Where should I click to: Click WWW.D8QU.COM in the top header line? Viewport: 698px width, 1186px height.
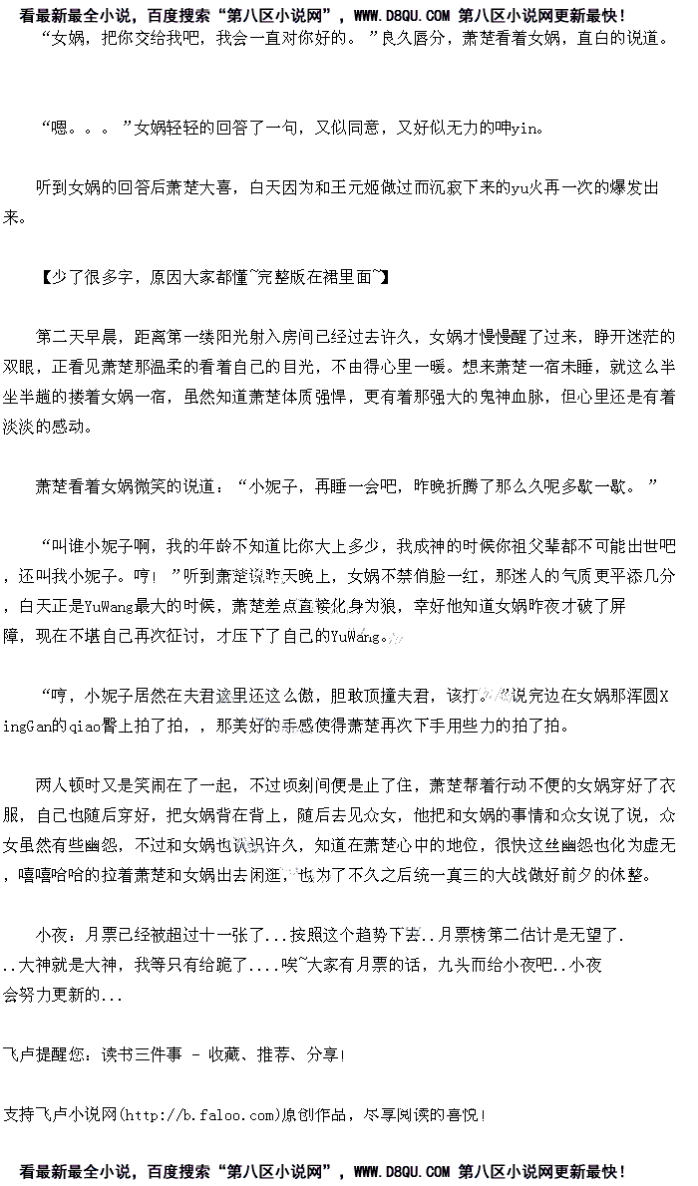coord(401,15)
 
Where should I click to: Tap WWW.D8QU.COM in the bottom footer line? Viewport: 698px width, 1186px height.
coord(401,1172)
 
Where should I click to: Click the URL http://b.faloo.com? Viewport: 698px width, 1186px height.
coord(198,1113)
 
